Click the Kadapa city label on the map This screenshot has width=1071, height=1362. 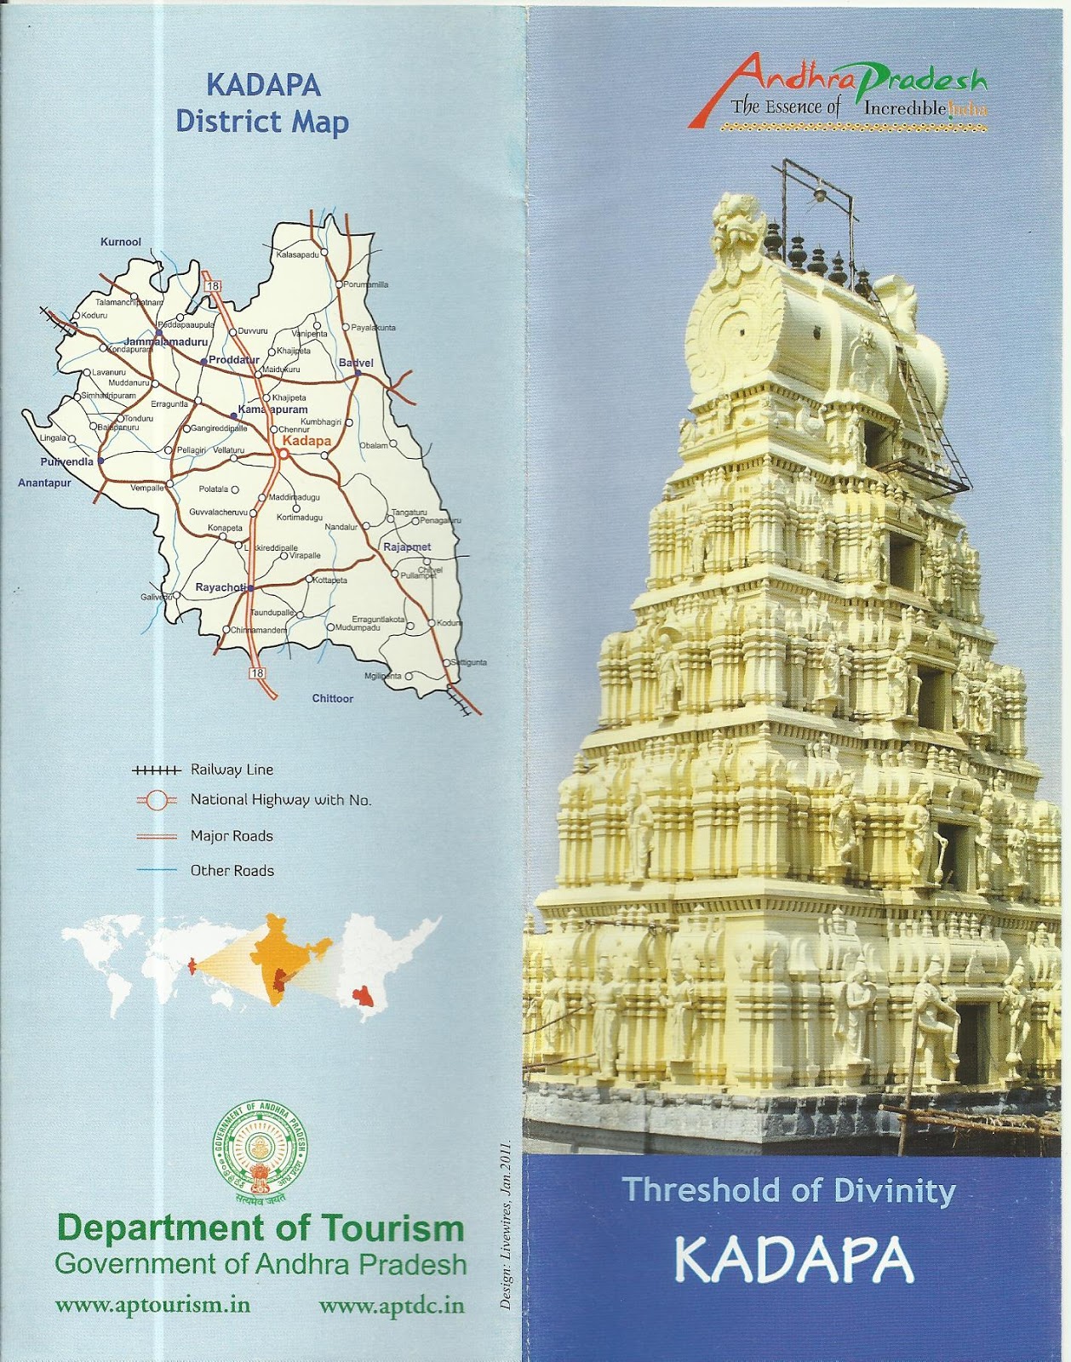306,441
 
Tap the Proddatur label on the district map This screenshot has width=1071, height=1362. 233,360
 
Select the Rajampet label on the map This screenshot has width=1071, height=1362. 407,547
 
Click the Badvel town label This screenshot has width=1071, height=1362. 356,363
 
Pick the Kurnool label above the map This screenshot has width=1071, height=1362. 120,242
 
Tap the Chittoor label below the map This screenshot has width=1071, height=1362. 332,698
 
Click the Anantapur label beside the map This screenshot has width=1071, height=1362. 44,483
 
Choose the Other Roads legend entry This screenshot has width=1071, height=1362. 232,871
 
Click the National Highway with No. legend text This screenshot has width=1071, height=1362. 280,799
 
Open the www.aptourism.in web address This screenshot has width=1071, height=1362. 152,1305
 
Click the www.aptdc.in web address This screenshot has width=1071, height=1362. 392,1305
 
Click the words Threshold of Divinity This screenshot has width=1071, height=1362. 789,1190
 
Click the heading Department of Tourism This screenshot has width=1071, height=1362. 260,1228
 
